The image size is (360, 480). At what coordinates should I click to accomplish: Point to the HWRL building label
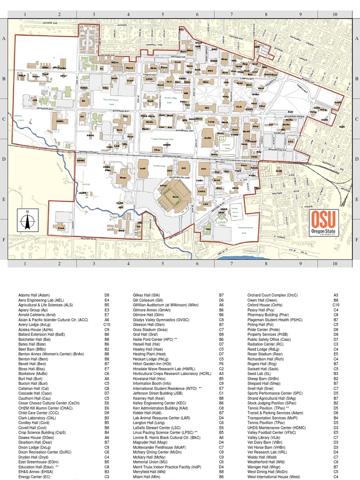coord(60,121)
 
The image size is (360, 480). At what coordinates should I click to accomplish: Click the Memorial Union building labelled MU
coord(206,107)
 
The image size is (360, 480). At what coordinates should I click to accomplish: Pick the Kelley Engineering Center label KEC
coord(210,71)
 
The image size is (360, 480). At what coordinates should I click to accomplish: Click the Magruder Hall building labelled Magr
coord(123,178)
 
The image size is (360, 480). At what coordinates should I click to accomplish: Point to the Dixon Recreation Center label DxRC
coord(208,138)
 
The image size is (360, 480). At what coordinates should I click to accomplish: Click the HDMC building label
coord(81,160)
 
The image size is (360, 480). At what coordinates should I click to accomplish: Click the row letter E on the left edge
coord(4,199)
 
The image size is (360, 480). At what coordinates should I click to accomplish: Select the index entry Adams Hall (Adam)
coord(34,295)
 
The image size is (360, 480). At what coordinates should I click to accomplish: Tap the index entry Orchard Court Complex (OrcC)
coord(272,295)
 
